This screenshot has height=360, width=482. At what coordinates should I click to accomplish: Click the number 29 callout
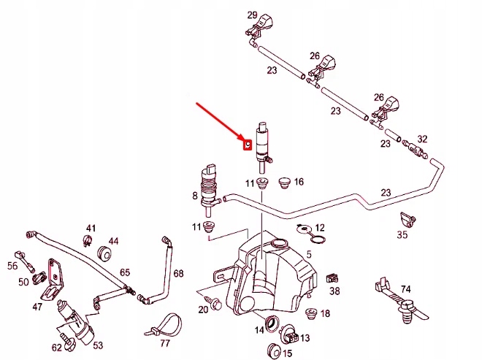(x=252, y=15)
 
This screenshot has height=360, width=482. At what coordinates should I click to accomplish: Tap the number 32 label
(x=422, y=139)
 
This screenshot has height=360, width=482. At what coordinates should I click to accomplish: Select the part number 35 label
(x=402, y=234)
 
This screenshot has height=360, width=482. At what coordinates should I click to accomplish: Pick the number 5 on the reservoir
(x=309, y=254)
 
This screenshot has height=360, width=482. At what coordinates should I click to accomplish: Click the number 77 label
(x=165, y=342)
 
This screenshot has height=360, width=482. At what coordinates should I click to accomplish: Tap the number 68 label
(x=179, y=273)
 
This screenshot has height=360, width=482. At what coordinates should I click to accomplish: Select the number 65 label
(x=125, y=272)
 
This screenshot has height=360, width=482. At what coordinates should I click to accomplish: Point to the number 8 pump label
(x=194, y=196)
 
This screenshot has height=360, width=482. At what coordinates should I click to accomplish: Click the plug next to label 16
(x=284, y=178)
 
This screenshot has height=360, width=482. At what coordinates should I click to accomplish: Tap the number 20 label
(x=203, y=310)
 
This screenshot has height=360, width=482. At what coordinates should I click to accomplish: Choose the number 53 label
(x=98, y=345)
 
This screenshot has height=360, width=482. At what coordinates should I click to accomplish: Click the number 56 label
(x=12, y=266)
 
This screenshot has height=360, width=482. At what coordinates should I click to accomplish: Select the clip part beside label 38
(x=332, y=278)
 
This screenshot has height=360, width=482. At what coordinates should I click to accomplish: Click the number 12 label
(x=320, y=229)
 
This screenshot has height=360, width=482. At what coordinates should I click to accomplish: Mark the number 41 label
(x=91, y=229)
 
